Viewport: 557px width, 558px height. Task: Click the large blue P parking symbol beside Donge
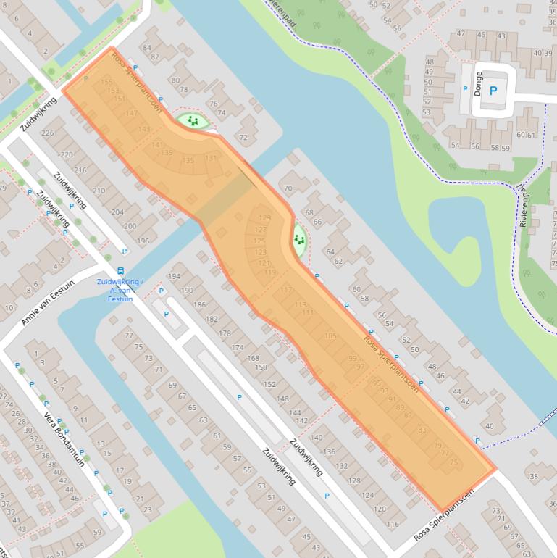pyautogui.click(x=493, y=91)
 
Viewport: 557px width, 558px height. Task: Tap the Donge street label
pyautogui.click(x=478, y=84)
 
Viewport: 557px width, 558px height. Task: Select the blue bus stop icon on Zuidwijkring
pyautogui.click(x=120, y=272)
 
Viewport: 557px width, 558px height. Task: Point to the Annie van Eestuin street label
pyautogui.click(x=48, y=302)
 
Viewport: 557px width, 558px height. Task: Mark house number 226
pyautogui.click(x=48, y=133)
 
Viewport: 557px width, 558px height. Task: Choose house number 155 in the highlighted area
pyautogui.click(x=106, y=81)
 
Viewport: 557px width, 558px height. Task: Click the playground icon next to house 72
pyautogui.click(x=192, y=120)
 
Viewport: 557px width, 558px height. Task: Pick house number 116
pyautogui.click(x=393, y=524)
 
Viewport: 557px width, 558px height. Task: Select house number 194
pyautogui.click(x=174, y=277)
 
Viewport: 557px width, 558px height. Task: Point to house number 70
pyautogui.click(x=288, y=189)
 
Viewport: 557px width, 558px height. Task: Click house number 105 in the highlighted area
pyautogui.click(x=331, y=336)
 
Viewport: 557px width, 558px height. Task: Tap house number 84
pyautogui.click(x=147, y=49)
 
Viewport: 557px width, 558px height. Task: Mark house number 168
pyautogui.click(x=253, y=358)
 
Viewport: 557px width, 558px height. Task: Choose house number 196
pyautogui.click(x=143, y=241)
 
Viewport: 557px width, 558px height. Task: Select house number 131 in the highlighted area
pyautogui.click(x=211, y=158)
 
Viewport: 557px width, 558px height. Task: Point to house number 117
pyautogui.click(x=285, y=290)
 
